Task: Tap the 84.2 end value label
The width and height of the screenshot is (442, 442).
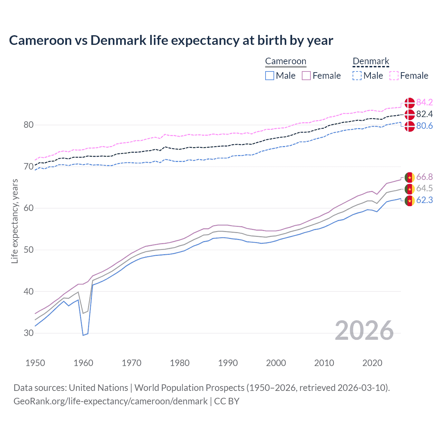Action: (x=424, y=102)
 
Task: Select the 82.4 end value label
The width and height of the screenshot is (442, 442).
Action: (x=424, y=114)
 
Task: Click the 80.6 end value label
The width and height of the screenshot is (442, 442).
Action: (x=424, y=126)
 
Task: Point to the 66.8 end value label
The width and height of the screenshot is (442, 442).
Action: (x=424, y=177)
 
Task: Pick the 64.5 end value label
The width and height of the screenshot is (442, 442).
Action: (x=424, y=188)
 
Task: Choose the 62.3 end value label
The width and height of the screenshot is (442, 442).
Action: (x=424, y=200)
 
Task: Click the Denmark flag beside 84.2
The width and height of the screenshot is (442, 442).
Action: (x=410, y=103)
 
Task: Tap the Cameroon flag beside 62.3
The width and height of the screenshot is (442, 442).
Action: (x=410, y=201)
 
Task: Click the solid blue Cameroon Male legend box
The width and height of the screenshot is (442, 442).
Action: (x=270, y=76)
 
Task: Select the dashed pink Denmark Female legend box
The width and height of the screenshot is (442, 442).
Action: (x=394, y=76)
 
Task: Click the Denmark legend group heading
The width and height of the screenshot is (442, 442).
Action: (x=371, y=61)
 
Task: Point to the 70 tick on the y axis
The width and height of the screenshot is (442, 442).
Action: (x=28, y=166)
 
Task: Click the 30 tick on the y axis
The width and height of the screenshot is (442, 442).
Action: (x=28, y=333)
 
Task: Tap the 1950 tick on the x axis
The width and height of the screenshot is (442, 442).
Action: (x=35, y=363)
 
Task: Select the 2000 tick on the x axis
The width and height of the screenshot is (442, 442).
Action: (x=276, y=363)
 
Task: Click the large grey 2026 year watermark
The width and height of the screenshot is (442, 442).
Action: (x=364, y=330)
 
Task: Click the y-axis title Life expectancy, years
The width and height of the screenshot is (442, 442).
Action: (x=15, y=221)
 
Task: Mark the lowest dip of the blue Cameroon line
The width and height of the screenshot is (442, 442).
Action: (x=83, y=335)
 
